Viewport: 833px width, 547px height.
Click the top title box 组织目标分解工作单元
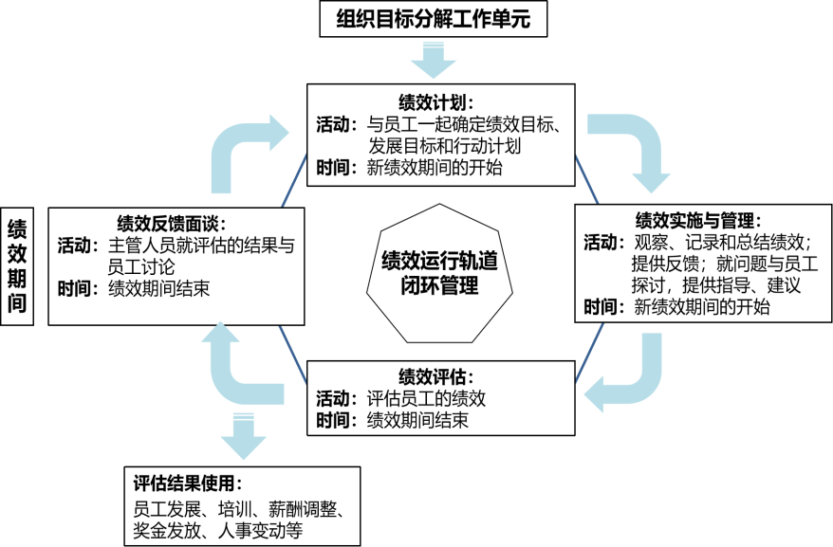click(x=441, y=19)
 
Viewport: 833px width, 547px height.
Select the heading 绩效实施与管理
click(x=697, y=219)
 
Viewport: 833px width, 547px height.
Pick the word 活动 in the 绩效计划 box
click(x=336, y=124)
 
